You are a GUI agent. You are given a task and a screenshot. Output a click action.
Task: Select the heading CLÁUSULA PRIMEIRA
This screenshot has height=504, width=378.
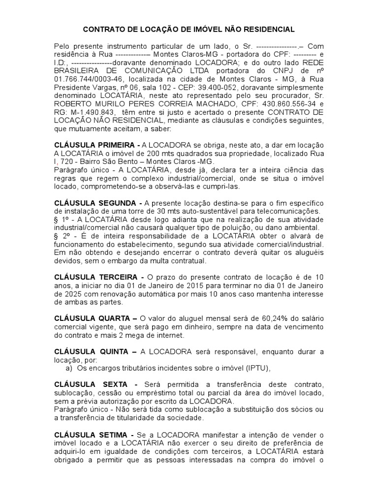click(94, 146)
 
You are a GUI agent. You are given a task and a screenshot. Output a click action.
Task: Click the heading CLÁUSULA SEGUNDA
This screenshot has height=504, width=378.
click(94, 204)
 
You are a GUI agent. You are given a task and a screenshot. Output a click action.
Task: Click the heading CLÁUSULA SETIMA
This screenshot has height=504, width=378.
click(91, 435)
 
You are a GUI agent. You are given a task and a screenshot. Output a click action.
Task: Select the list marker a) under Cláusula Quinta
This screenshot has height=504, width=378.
click(69, 368)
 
